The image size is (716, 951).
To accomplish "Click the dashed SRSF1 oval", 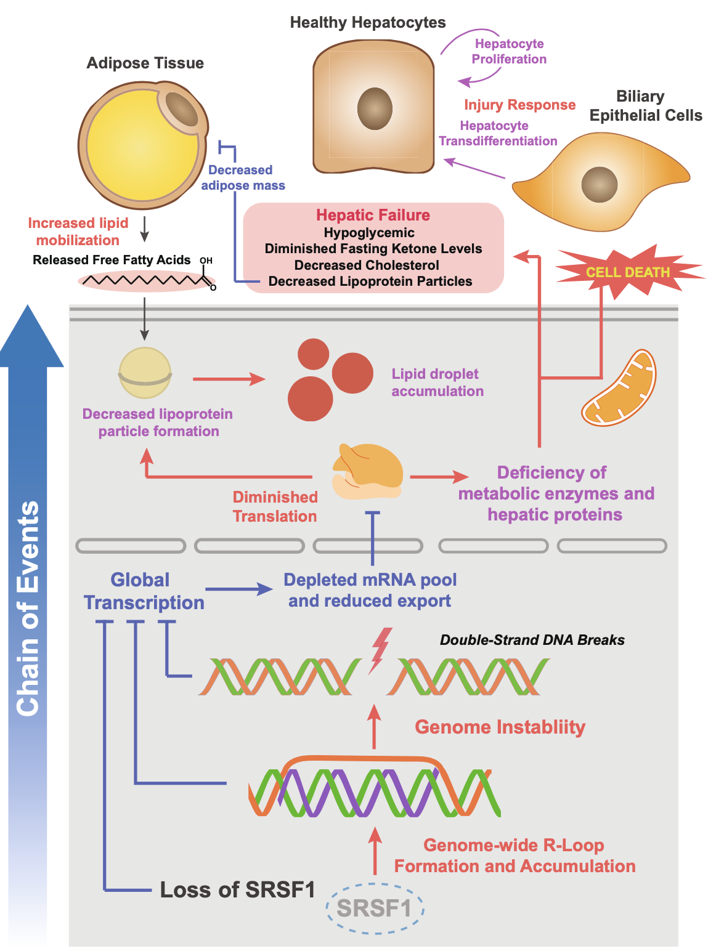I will [x=375, y=909].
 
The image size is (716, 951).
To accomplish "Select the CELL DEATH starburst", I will [x=628, y=272].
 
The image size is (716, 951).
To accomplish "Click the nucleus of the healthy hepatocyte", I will [x=375, y=108].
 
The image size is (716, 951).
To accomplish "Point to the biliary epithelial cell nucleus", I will [x=599, y=184].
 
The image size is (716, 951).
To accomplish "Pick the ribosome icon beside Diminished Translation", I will [x=367, y=472].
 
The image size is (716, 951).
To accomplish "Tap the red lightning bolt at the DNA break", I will [x=380, y=650].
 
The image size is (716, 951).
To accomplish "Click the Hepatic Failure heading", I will [x=373, y=215].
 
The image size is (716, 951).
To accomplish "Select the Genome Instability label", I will [x=500, y=727].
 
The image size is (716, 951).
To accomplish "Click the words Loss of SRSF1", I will [x=237, y=889].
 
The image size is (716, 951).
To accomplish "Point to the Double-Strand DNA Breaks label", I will [x=532, y=640].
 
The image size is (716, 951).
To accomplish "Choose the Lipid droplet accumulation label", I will [x=437, y=382].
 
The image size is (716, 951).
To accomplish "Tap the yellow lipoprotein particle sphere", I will [x=145, y=373].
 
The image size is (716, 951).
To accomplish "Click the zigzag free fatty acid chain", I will [x=145, y=281].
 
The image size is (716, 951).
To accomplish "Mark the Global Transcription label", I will [x=143, y=591].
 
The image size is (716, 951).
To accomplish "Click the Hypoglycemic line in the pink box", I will [x=369, y=233].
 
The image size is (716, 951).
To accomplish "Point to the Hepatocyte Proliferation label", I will [x=509, y=51].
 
